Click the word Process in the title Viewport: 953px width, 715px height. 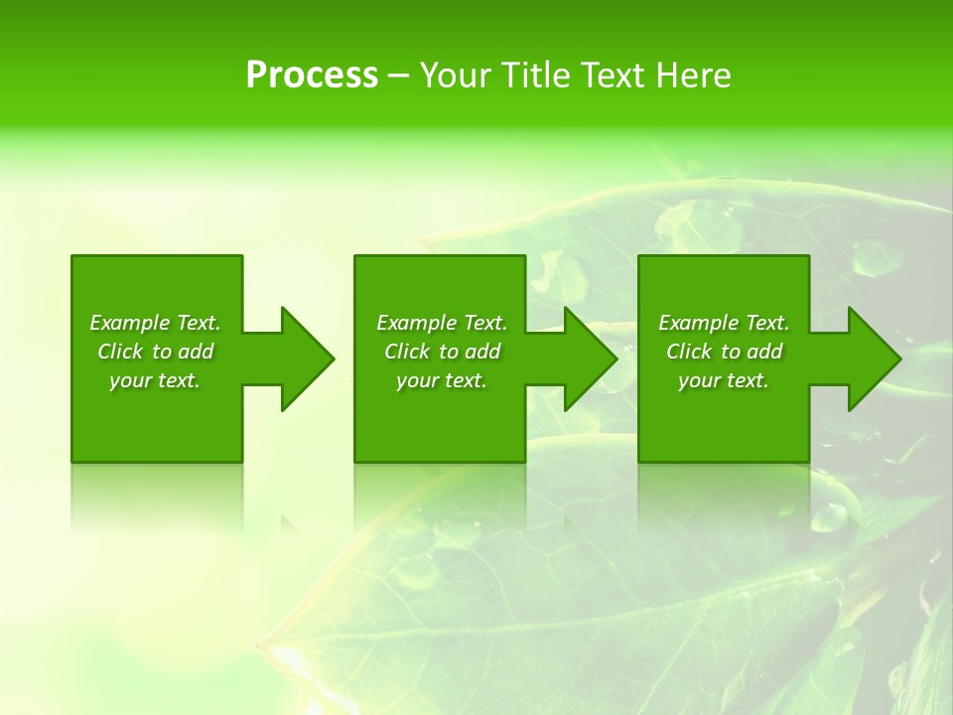coord(312,75)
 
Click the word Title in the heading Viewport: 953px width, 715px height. coord(533,75)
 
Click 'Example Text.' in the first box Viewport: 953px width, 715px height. coord(155,323)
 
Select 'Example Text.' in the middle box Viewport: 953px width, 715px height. coord(442,323)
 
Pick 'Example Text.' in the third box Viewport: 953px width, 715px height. coord(724,323)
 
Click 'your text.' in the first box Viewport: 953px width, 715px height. coord(155,380)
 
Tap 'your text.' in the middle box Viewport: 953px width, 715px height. coord(442,380)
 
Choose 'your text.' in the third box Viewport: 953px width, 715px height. coord(724,380)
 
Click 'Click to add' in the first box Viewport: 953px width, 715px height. coord(156,352)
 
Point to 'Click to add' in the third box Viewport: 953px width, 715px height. coord(725,352)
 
